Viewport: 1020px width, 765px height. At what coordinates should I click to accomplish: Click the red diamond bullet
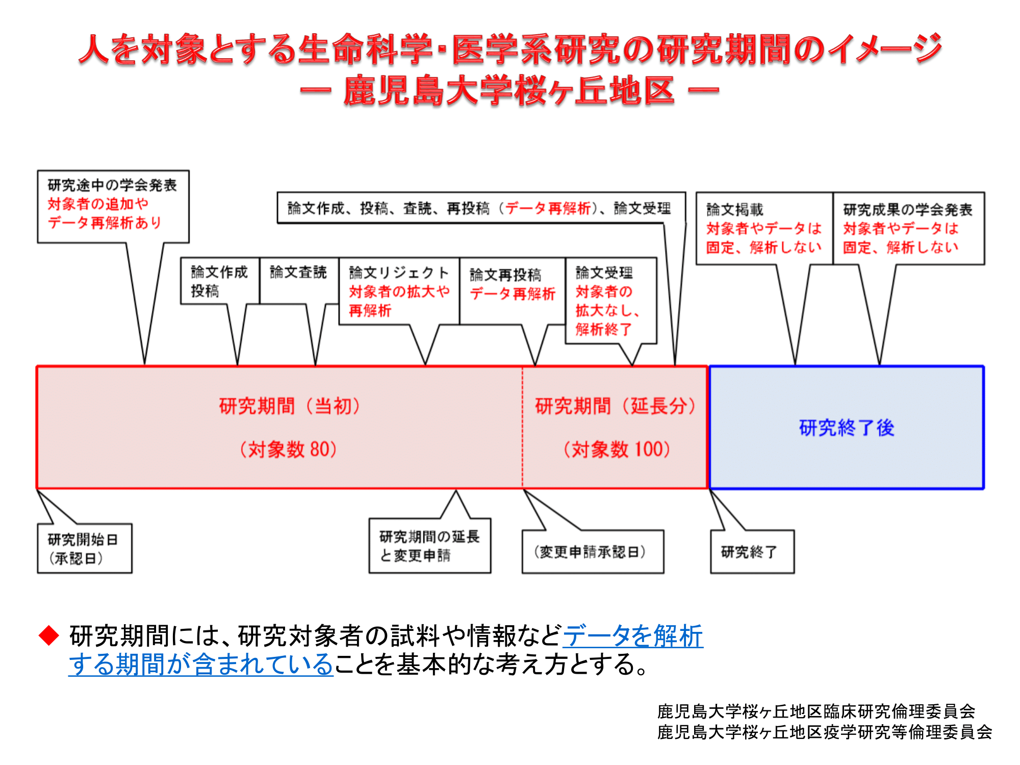[x=49, y=635]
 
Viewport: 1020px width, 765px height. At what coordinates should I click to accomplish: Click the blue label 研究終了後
[x=847, y=427]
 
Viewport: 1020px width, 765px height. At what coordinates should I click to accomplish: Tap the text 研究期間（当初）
[x=290, y=406]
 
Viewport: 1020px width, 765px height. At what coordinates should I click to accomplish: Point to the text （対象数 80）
[x=288, y=449]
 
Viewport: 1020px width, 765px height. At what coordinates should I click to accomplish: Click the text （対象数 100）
[x=617, y=449]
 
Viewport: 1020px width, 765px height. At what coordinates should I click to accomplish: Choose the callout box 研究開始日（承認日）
[x=85, y=548]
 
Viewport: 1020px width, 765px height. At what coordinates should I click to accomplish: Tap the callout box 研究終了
[x=752, y=552]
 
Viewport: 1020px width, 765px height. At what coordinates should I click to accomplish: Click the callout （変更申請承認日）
[x=593, y=552]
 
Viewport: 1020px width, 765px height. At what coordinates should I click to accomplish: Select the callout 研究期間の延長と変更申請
[x=430, y=546]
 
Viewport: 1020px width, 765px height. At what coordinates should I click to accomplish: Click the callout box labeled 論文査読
[x=299, y=280]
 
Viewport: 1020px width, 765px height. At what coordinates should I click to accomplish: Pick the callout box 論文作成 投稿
[x=220, y=280]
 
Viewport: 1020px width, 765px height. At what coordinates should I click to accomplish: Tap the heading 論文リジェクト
[x=399, y=272]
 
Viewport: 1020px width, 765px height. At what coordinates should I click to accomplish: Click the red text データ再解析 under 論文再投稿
[x=512, y=294]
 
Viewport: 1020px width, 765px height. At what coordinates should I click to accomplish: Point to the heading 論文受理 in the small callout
[x=604, y=272]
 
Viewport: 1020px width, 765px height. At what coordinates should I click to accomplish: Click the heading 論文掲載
[x=734, y=209]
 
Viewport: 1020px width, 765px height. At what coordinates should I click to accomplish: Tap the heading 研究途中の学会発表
[x=112, y=185]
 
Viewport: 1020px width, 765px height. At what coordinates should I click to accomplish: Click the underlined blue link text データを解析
[x=633, y=635]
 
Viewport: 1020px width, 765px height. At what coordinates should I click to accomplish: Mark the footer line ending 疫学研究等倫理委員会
[x=824, y=732]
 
